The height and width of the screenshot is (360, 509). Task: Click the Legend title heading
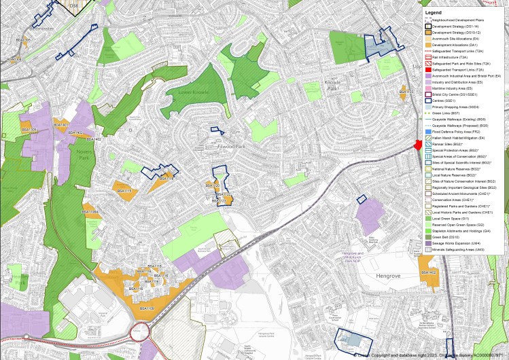[434, 12]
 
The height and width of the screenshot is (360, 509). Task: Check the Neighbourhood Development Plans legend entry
[462, 20]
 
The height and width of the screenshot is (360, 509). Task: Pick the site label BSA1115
[124, 192]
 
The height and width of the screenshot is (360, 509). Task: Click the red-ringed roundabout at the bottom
[140, 332]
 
